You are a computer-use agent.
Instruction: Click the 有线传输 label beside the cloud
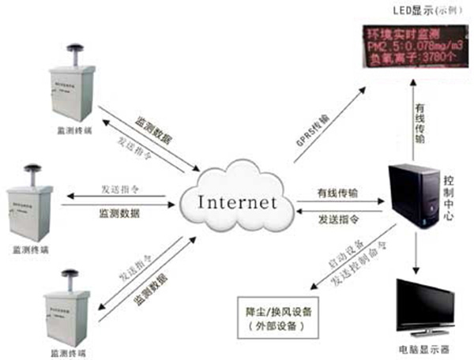tap(337, 192)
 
